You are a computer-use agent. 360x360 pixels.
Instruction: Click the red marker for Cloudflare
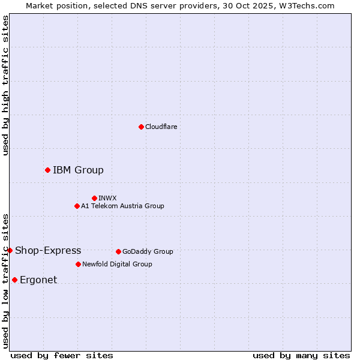coord(141,127)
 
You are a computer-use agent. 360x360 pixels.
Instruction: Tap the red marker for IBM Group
coord(47,170)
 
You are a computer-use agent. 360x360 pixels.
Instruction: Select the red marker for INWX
coord(94,198)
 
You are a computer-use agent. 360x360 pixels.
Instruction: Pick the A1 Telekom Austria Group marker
coord(77,206)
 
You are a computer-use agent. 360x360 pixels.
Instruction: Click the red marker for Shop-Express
coord(10,250)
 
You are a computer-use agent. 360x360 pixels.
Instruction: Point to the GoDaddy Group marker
coord(118,251)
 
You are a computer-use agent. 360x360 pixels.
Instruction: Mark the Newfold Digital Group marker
coord(78,264)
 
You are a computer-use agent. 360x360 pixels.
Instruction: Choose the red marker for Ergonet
coord(14,280)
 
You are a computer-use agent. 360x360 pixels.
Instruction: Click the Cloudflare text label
coord(161,127)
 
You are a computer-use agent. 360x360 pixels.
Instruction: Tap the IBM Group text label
coord(78,170)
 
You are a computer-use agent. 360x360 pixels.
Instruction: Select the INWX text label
coord(107,198)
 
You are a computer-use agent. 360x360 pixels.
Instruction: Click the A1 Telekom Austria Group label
coord(122,206)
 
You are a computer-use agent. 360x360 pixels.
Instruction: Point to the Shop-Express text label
coord(48,250)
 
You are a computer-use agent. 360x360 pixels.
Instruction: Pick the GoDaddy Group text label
coord(148,251)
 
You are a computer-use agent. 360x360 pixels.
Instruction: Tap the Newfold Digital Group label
coord(117,264)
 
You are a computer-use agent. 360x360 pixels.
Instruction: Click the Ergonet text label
coord(38,280)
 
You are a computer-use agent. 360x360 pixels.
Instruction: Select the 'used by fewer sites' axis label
coord(62,355)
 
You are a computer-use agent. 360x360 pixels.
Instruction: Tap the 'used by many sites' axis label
coord(301,355)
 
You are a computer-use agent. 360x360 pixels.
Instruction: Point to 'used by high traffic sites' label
coord(5,85)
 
